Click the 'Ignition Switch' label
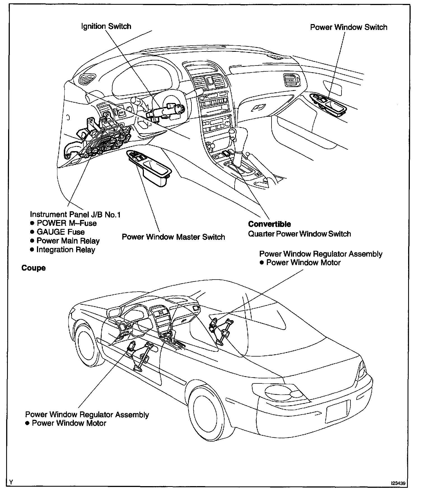(x=106, y=27)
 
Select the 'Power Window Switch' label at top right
(x=349, y=27)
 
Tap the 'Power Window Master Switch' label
(x=173, y=237)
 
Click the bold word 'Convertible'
(x=269, y=224)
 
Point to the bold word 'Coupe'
(x=34, y=268)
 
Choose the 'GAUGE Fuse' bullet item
(x=60, y=232)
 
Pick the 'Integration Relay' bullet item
(x=66, y=250)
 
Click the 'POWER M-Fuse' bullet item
(x=67, y=223)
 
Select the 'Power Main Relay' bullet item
(x=68, y=241)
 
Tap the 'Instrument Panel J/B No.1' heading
(x=75, y=214)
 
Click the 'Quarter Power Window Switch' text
(x=299, y=234)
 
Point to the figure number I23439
(x=398, y=483)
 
